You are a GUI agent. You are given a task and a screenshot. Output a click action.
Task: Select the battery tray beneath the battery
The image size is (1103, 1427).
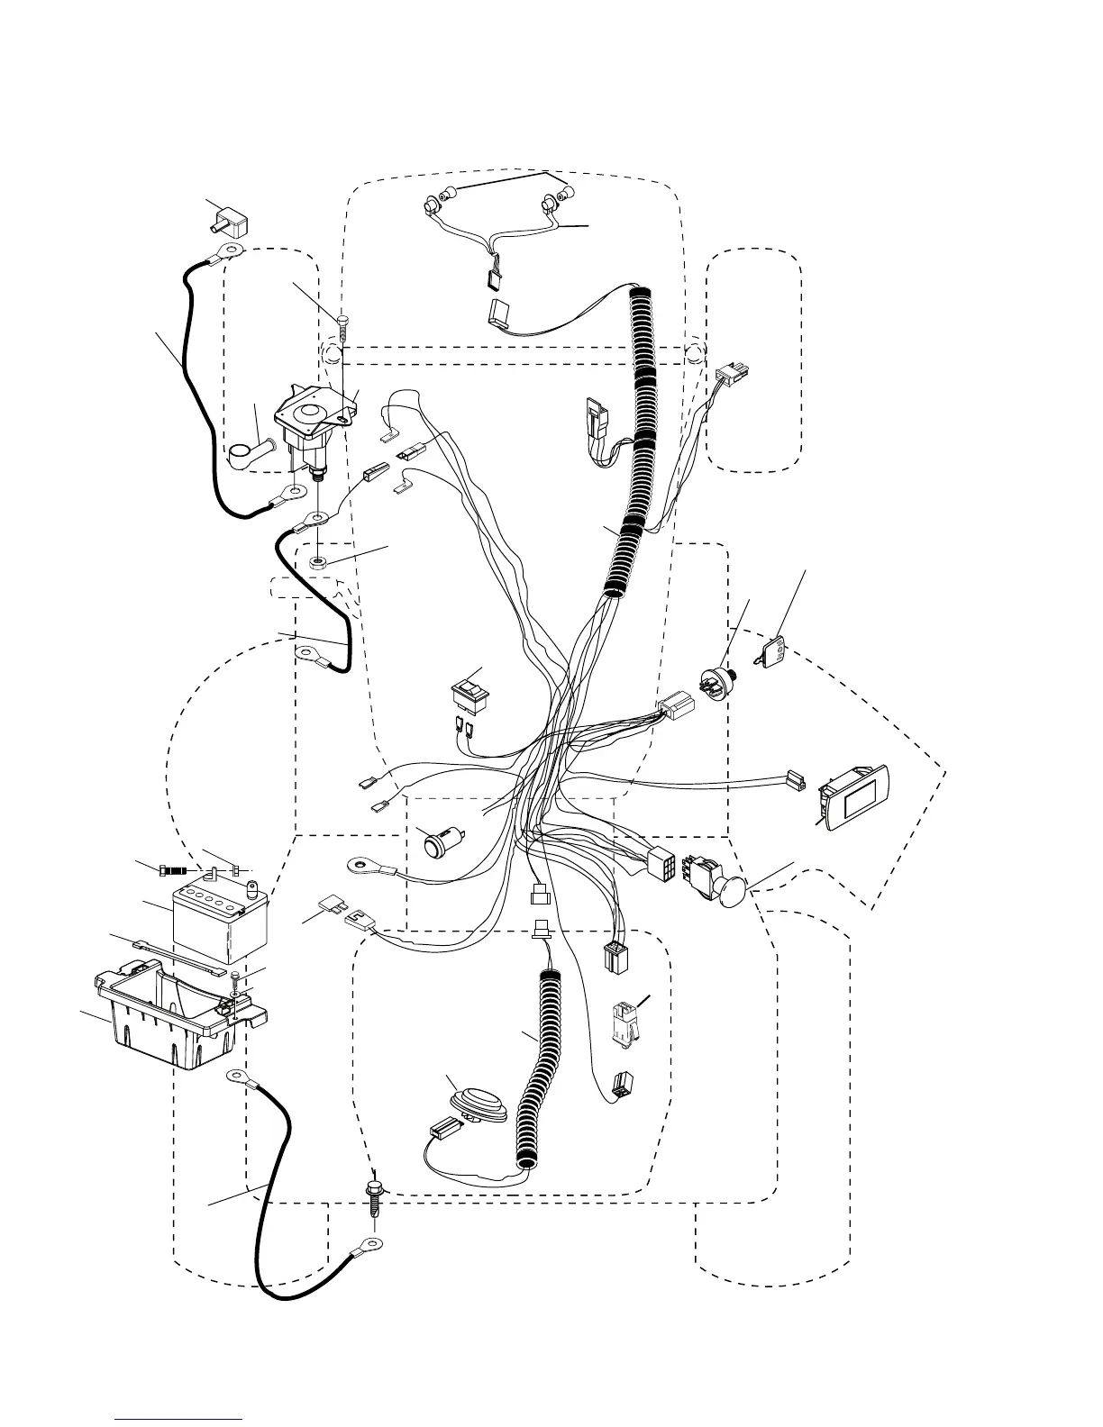pos(171,1018)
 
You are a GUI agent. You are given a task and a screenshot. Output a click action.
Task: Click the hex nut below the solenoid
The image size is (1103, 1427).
pos(319,563)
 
